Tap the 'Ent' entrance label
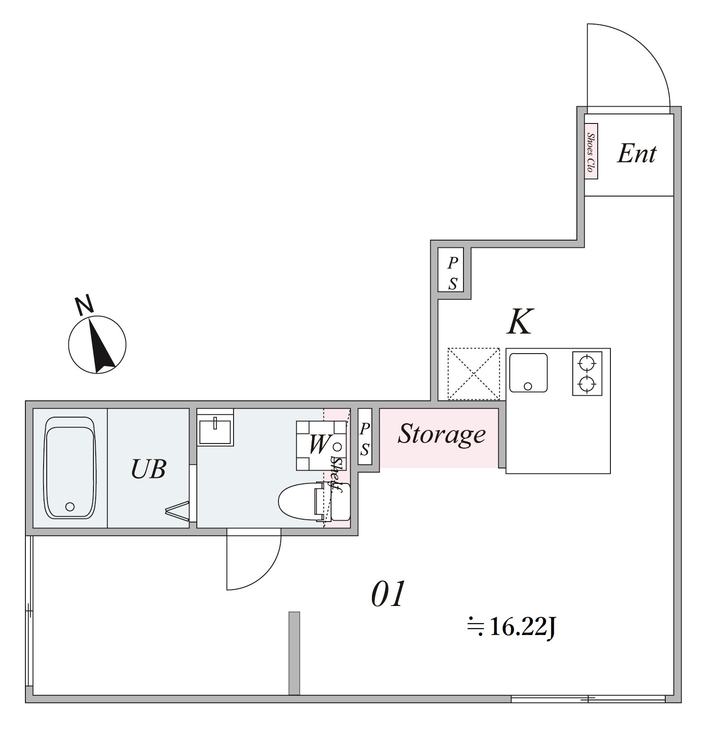pyautogui.click(x=636, y=154)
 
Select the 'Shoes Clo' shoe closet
pyautogui.click(x=591, y=151)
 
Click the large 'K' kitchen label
pyautogui.click(x=520, y=322)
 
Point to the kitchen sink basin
pyautogui.click(x=528, y=373)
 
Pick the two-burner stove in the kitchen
pyautogui.click(x=587, y=373)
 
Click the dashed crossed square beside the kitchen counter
pyautogui.click(x=473, y=374)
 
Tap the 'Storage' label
pyautogui.click(x=441, y=434)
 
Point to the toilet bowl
pyautogui.click(x=297, y=502)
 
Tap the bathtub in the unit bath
pyautogui.click(x=70, y=468)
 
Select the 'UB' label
pyautogui.click(x=148, y=469)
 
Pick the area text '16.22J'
pyautogui.click(x=522, y=628)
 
